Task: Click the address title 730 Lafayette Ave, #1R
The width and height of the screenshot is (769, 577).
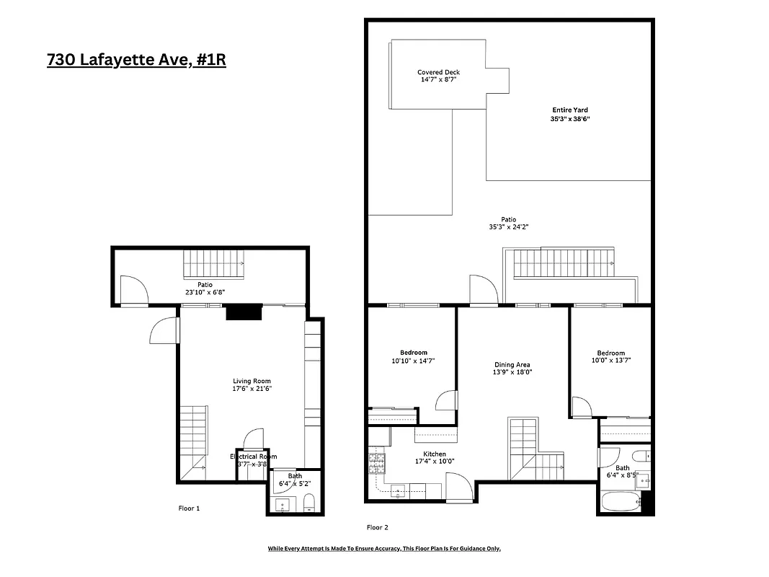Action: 136,60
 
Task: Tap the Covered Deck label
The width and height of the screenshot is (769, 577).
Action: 438,72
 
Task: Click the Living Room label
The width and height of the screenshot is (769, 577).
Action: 252,381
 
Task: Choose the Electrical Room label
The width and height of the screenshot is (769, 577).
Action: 253,457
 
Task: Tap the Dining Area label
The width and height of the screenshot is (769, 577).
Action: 512,365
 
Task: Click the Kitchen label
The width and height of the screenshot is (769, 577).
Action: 434,454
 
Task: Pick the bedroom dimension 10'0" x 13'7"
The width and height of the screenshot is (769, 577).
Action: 610,361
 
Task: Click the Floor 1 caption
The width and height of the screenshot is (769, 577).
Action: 189,508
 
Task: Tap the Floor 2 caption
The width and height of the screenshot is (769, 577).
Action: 378,527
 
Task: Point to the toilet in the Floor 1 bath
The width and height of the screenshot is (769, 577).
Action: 308,502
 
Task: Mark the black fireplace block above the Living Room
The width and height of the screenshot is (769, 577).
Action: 244,312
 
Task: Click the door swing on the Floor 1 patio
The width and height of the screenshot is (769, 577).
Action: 133,291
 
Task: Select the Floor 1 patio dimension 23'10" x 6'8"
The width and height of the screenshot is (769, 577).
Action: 205,293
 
